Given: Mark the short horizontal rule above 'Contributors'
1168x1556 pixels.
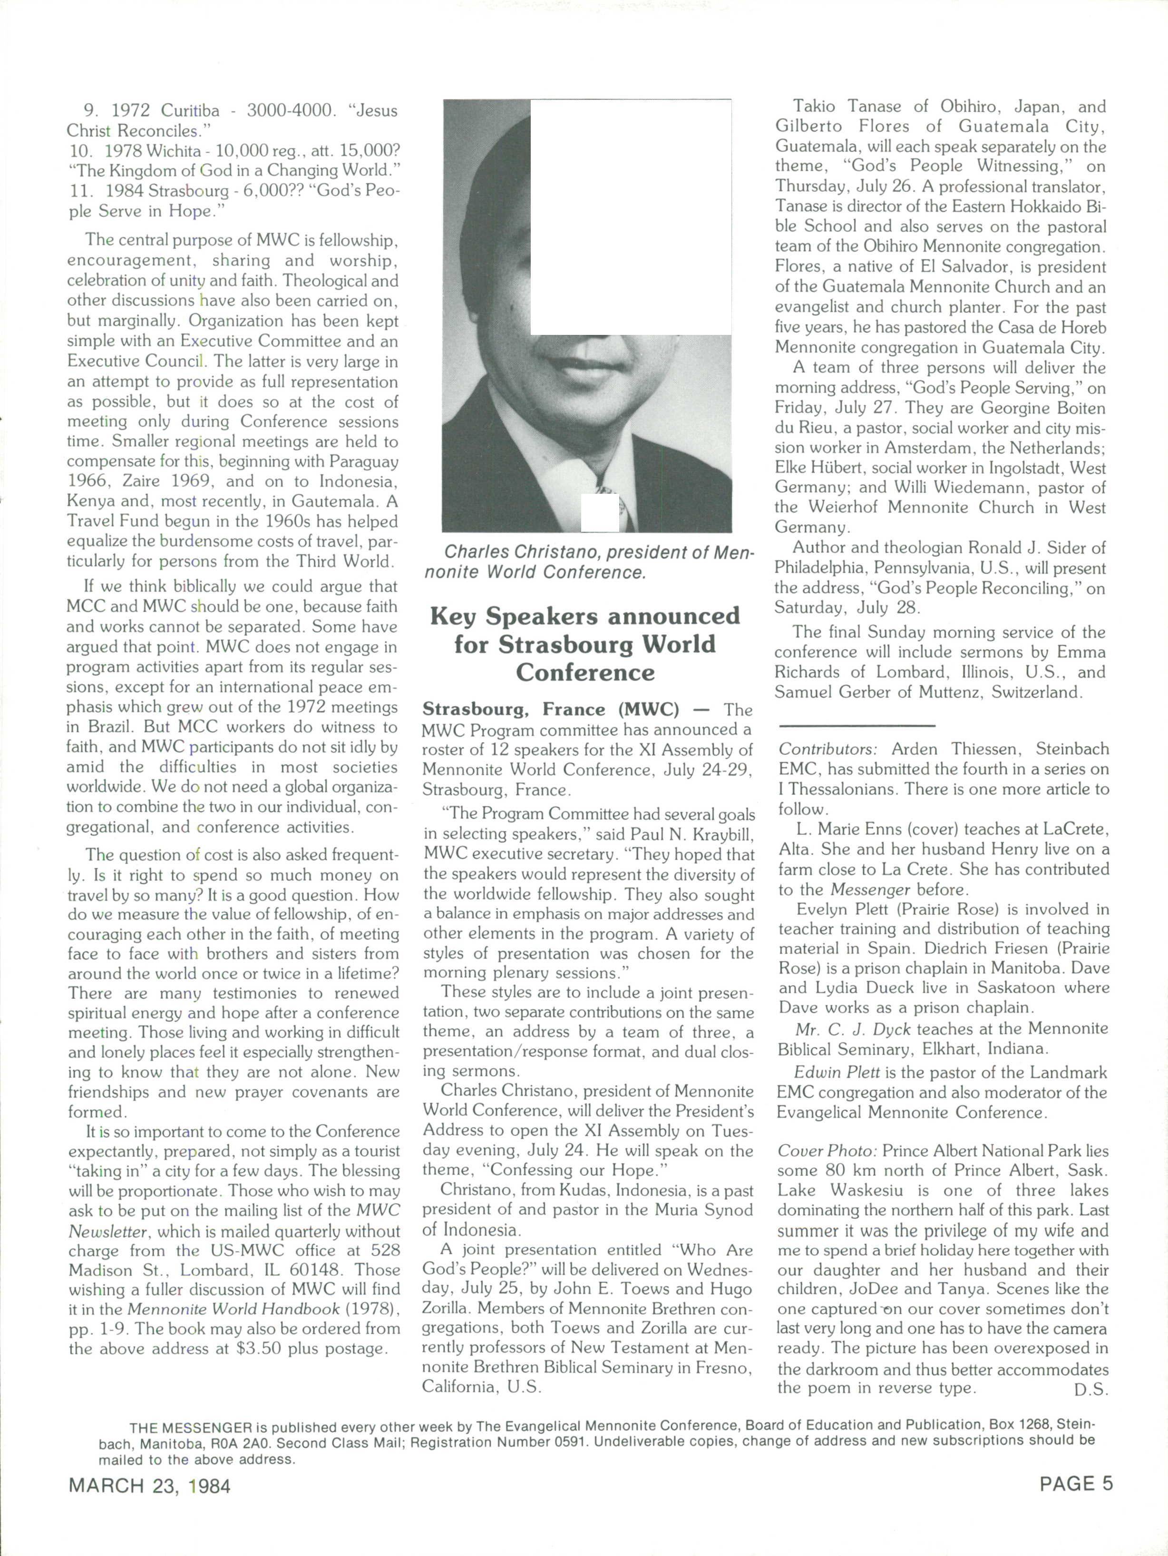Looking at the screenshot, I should pos(857,724).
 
